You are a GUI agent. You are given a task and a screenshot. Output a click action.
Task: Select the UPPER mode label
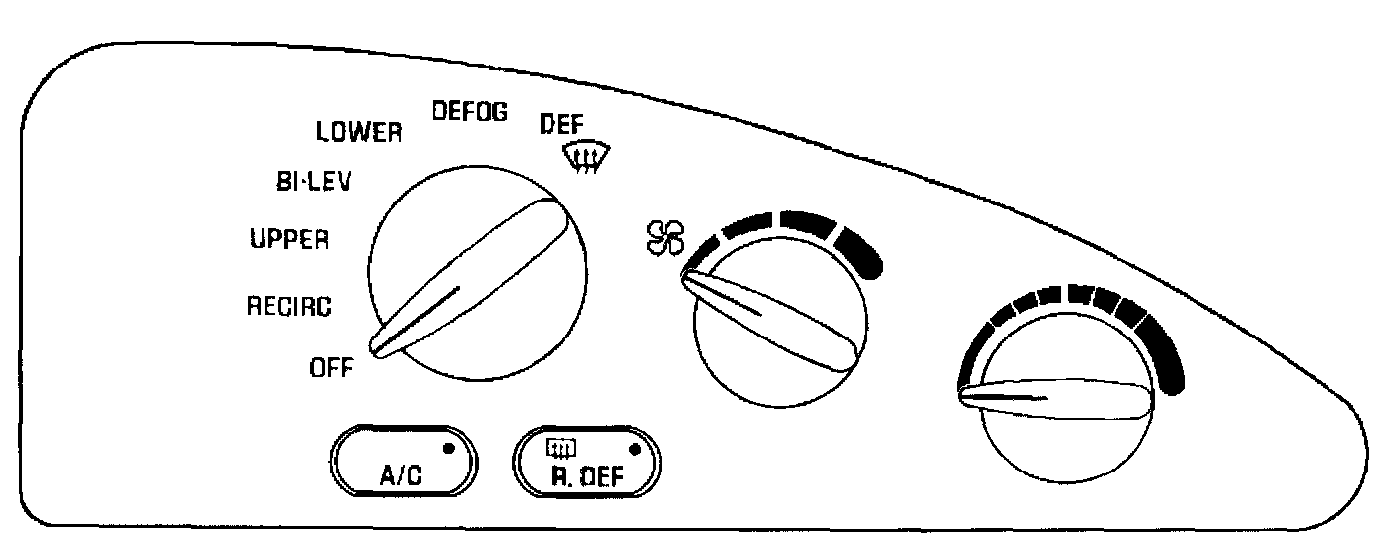click(x=289, y=239)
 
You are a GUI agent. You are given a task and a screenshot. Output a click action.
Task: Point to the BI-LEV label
click(x=304, y=182)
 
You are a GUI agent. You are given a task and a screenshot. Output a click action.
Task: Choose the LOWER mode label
click(x=358, y=132)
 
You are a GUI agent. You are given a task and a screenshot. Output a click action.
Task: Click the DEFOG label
click(x=470, y=112)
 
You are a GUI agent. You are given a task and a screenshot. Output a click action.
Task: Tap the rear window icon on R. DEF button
click(x=563, y=446)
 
